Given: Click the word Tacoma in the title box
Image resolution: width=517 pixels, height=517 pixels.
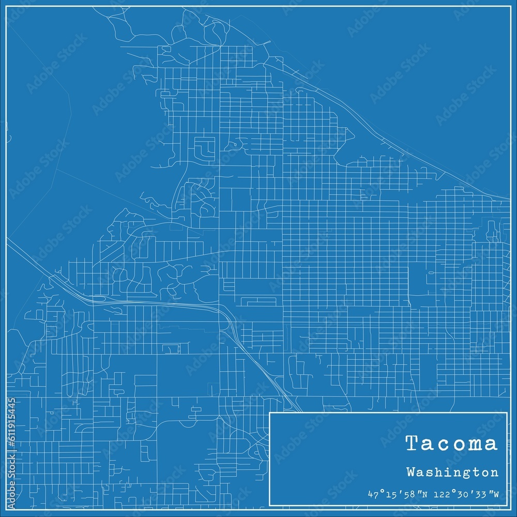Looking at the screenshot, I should [451, 444].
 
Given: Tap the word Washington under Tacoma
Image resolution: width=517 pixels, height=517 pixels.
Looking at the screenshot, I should [452, 473].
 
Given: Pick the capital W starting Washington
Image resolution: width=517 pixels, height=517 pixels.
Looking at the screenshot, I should [410, 472].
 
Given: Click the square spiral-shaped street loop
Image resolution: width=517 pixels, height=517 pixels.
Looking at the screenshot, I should [205, 147].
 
